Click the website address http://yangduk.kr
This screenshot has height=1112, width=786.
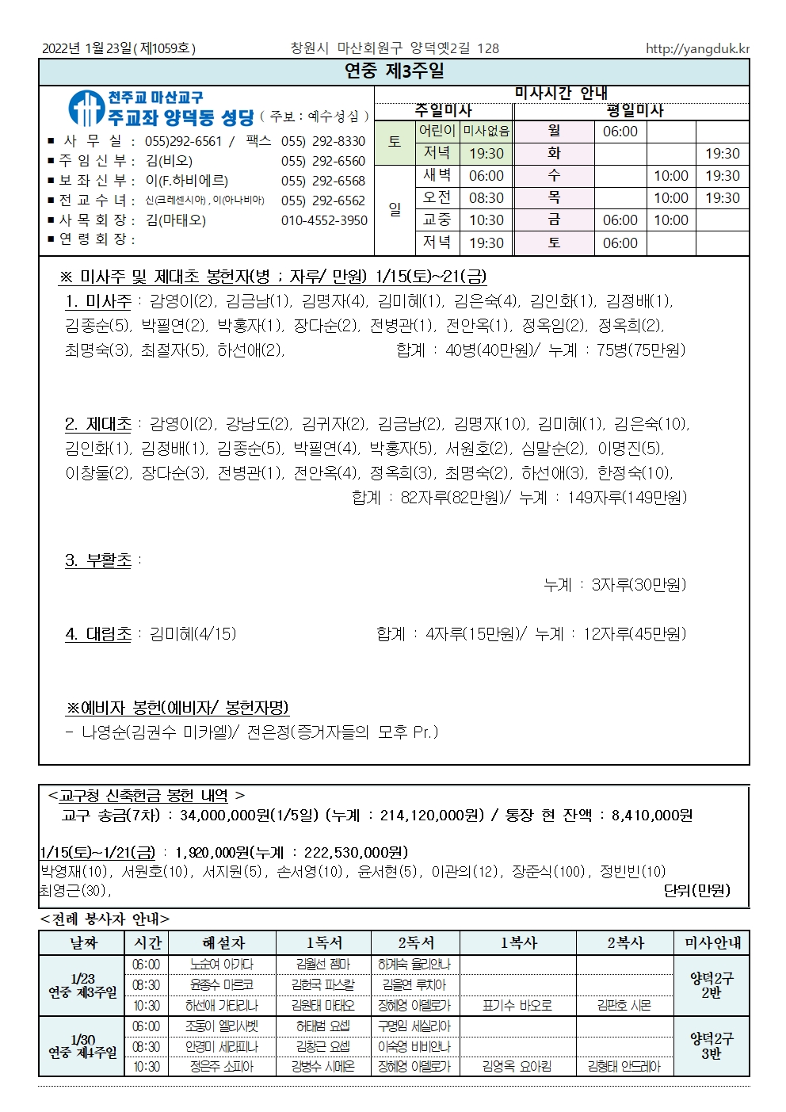tap(696, 48)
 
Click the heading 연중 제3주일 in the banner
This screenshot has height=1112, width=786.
tap(394, 71)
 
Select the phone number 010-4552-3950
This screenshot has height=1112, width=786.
tap(324, 220)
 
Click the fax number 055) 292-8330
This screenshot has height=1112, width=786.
tap(323, 141)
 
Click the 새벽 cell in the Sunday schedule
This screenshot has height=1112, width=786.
tap(437, 176)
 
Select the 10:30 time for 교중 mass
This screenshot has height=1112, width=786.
tap(486, 220)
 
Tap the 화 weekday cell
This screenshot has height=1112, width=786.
tap(554, 154)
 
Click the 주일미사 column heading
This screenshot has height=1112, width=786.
tap(443, 111)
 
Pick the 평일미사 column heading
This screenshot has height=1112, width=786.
tap(634, 111)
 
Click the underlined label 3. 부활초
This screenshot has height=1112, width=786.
tap(98, 560)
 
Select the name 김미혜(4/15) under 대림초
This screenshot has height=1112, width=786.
tap(193, 634)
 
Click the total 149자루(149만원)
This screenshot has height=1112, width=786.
tap(627, 498)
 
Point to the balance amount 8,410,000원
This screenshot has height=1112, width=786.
tap(651, 816)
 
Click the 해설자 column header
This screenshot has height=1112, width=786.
tap(223, 943)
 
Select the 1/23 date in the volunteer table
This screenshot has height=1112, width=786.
tap(82, 979)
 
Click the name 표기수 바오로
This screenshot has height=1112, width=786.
tap(517, 1006)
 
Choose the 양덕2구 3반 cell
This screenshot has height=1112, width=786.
tap(712, 1046)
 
